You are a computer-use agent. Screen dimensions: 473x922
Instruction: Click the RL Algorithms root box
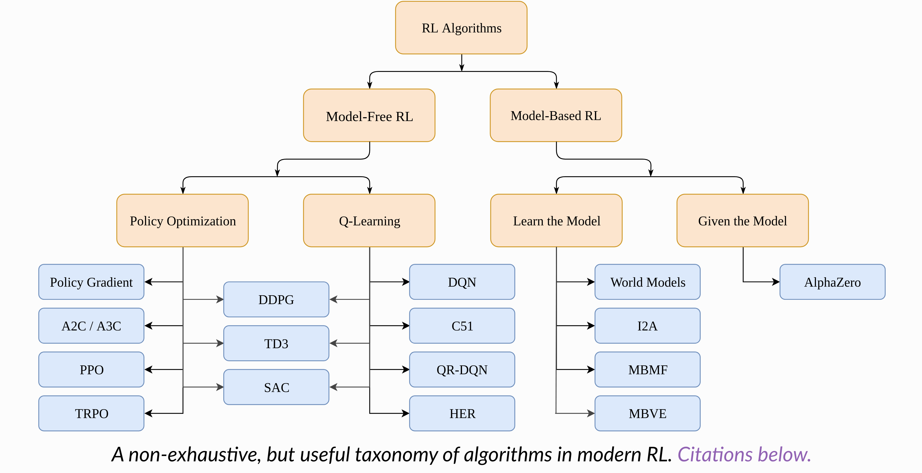pyautogui.click(x=461, y=28)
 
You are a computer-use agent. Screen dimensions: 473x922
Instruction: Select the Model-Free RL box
pyautogui.click(x=369, y=116)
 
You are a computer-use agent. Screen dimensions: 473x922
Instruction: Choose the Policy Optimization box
pyautogui.click(x=183, y=221)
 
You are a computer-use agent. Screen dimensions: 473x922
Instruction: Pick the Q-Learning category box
pyautogui.click(x=369, y=221)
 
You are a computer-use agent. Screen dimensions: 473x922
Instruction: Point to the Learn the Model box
pyautogui.click(x=556, y=221)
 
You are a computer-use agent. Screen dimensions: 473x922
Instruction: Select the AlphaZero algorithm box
pyautogui.click(x=832, y=282)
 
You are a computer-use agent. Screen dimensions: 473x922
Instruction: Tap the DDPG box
pyautogui.click(x=276, y=299)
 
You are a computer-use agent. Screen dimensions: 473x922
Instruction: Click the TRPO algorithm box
pyautogui.click(x=91, y=413)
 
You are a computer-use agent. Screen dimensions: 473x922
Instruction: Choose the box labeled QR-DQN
pyautogui.click(x=462, y=369)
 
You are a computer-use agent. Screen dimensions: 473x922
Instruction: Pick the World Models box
pyautogui.click(x=648, y=282)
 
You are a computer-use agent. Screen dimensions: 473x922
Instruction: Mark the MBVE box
pyautogui.click(x=648, y=413)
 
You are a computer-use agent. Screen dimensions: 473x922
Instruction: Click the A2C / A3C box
pyautogui.click(x=91, y=326)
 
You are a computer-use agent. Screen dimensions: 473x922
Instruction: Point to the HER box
pyautogui.click(x=462, y=413)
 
